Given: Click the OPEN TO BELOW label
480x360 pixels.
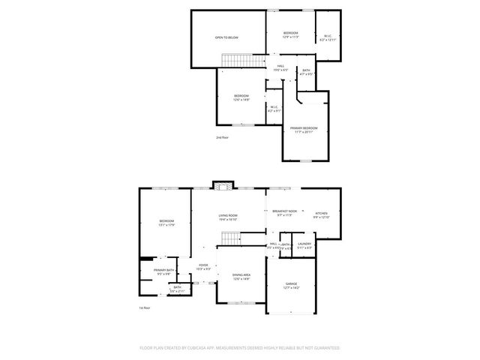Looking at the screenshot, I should tap(226, 37).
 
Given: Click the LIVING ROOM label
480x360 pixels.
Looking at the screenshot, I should tap(227, 214).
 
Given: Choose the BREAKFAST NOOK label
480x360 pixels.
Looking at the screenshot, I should tap(284, 211).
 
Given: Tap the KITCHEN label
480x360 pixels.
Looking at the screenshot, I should tap(321, 214).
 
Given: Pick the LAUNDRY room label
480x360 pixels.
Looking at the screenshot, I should tap(304, 244).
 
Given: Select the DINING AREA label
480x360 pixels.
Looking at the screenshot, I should tap(241, 275).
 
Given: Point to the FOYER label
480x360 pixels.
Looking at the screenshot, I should tap(203, 265).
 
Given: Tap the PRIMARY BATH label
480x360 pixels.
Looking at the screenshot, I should tap(164, 270).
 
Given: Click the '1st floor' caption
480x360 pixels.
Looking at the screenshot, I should tap(145, 307).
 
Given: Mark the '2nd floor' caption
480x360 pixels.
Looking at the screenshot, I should tap(222, 138).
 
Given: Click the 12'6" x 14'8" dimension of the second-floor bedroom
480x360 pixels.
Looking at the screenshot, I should tap(241, 100).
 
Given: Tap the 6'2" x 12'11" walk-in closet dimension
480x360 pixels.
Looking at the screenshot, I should tap(327, 40).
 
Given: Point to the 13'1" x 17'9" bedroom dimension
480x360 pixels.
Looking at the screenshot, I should tap(166, 224).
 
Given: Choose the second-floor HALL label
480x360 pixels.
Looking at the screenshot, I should tap(280, 66).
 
